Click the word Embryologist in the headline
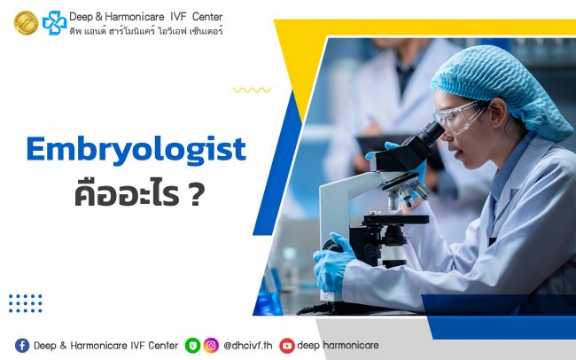coord(136,149)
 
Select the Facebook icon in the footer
coord(22,345)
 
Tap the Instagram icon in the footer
coord(211,345)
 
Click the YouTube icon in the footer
coord(286,345)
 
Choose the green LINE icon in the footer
coord(192,345)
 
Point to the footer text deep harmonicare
coord(335,345)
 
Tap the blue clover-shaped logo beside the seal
coord(55,22)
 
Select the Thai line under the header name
coord(147,30)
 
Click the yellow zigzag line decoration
coord(252,90)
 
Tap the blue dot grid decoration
coord(26,303)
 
